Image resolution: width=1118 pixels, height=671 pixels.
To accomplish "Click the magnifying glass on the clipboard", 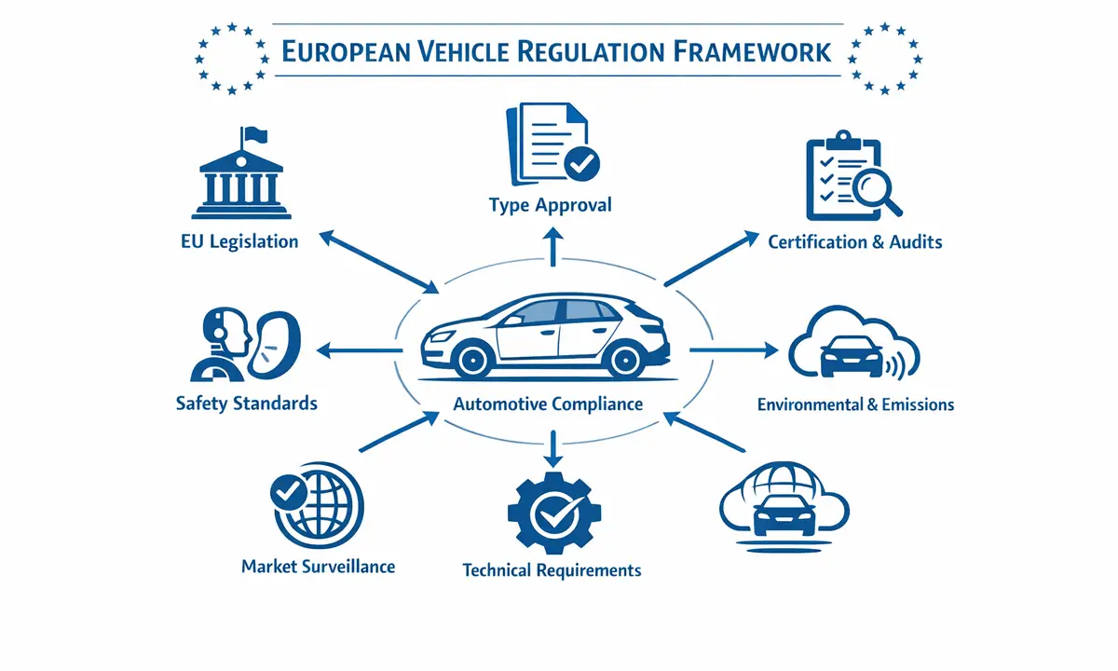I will pyautogui.click(x=875, y=189).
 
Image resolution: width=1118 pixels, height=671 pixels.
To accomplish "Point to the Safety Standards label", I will pyautogui.click(x=246, y=404).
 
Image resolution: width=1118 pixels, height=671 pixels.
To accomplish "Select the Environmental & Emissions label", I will pyautogui.click(x=854, y=404).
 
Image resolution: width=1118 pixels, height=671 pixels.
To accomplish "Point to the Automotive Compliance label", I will pyautogui.click(x=548, y=404).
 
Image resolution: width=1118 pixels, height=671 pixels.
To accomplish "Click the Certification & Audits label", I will pyautogui.click(x=854, y=242).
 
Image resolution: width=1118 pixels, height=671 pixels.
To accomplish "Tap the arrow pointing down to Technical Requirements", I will pyautogui.click(x=553, y=450).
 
